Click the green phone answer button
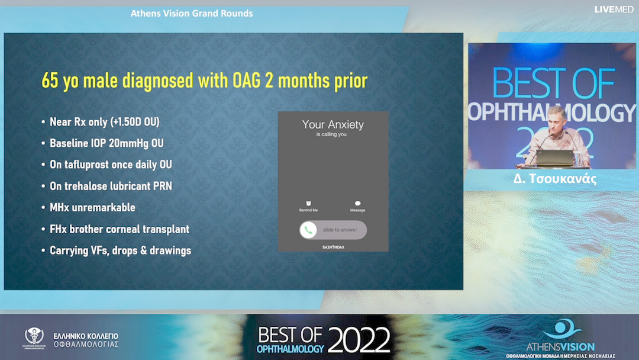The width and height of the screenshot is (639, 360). point(308,230)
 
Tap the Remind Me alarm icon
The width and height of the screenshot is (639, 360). point(308,204)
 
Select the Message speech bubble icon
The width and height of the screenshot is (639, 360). point(357,204)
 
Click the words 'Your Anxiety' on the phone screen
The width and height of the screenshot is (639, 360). point(333,124)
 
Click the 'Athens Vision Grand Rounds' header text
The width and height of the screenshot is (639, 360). point(192,13)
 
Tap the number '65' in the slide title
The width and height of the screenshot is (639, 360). point(50,80)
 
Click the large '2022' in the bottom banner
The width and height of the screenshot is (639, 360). point(359,340)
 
